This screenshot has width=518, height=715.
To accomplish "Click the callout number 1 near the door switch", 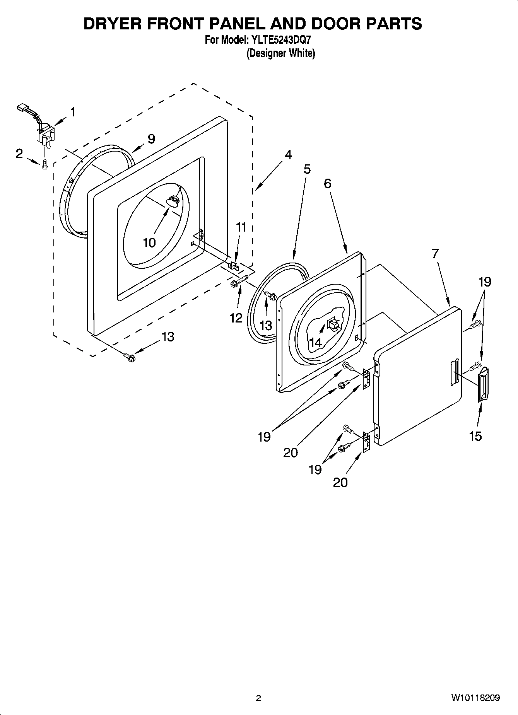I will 72,112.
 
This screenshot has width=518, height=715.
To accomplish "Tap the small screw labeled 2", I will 44,164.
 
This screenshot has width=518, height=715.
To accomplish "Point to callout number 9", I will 151,139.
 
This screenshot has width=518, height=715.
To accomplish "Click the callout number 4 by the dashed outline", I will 288,155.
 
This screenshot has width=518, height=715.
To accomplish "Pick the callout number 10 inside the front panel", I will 149,243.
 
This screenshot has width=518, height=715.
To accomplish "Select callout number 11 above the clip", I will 241,227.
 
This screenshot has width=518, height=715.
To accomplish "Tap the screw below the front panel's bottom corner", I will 129,357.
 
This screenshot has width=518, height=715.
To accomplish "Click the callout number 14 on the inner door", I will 315,342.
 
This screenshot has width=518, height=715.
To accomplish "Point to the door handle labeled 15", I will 482,385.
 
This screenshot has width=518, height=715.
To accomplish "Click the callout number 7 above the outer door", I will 435,254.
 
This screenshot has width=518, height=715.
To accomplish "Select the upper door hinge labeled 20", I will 366,379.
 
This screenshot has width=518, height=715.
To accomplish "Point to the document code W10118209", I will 475,698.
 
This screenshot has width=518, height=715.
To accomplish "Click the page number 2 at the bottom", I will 258,698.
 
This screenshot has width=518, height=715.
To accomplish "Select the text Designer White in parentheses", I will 281,53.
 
